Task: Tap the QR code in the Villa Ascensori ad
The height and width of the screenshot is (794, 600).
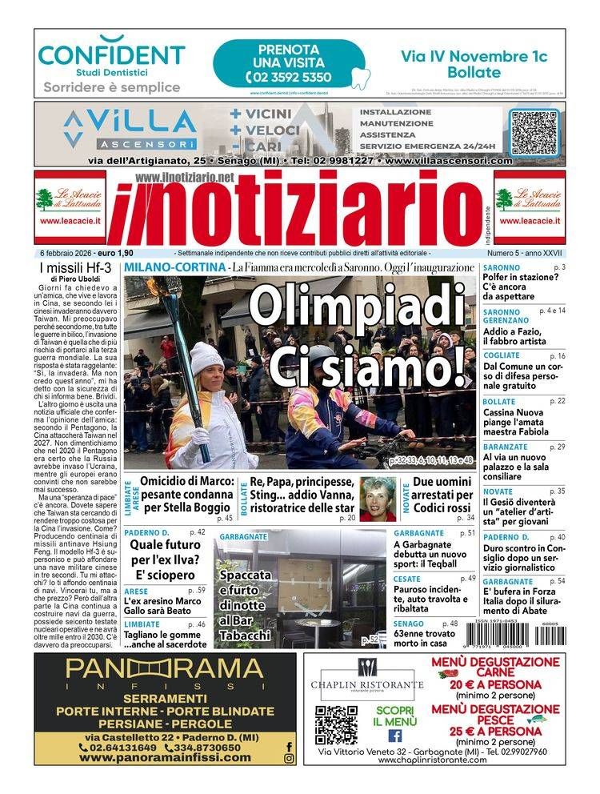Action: (x=534, y=129)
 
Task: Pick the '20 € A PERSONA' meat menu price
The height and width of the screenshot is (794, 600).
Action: (x=496, y=684)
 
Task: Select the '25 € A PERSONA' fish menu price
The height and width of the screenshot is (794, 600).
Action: (x=496, y=732)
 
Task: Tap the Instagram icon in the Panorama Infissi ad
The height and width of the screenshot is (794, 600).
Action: (x=289, y=759)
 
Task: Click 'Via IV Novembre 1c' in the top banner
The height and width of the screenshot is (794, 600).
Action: (x=474, y=56)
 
